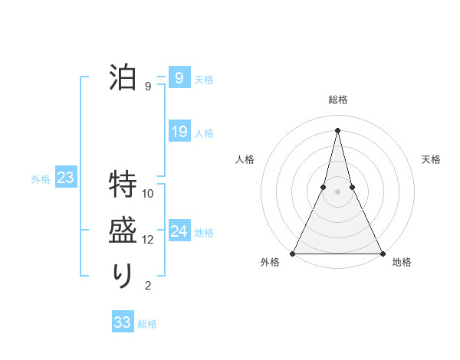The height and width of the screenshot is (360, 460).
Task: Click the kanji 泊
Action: (x=123, y=77)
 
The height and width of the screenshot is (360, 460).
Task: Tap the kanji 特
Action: (x=123, y=185)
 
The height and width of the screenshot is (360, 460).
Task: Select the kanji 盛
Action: (x=123, y=231)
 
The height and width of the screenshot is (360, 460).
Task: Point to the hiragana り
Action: (x=123, y=276)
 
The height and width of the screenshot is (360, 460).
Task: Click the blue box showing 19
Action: (x=179, y=132)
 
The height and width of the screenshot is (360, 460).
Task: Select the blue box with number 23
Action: (x=66, y=178)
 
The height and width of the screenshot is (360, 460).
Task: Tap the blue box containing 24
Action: (x=179, y=231)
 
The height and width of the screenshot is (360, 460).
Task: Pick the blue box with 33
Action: (x=122, y=322)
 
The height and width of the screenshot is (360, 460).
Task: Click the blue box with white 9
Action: (x=179, y=77)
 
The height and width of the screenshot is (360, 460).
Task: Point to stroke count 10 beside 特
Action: (x=148, y=193)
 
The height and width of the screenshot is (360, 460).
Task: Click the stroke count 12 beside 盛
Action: (x=148, y=240)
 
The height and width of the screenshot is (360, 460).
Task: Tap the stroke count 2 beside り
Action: (x=148, y=286)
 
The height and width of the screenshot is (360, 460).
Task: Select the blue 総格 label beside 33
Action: (x=147, y=324)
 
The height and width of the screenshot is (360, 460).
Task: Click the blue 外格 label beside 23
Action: (x=41, y=179)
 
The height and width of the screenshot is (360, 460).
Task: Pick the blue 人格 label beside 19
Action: (x=204, y=133)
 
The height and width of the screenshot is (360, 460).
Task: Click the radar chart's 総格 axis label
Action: (x=337, y=100)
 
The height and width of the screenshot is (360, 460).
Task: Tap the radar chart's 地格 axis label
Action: (x=402, y=263)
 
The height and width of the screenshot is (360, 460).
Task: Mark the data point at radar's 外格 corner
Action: (x=293, y=254)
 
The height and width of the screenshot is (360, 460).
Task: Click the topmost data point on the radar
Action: (x=337, y=129)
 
